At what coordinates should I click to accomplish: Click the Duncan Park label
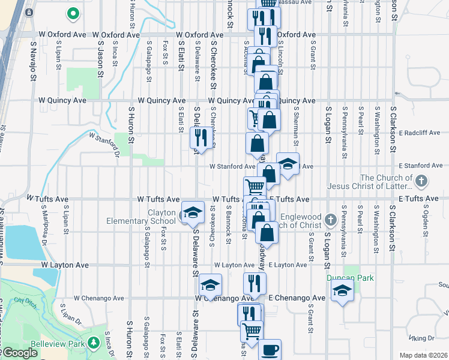point(350,278)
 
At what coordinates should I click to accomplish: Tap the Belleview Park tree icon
point(94,342)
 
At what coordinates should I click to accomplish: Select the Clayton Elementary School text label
point(142,217)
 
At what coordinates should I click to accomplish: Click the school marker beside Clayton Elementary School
point(193,214)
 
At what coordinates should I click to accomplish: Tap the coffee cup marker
point(270,350)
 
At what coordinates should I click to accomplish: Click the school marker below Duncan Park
point(342,292)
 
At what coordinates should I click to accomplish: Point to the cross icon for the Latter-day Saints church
point(421,180)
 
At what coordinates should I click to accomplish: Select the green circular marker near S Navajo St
point(73,13)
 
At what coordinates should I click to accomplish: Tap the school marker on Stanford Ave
point(288,164)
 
